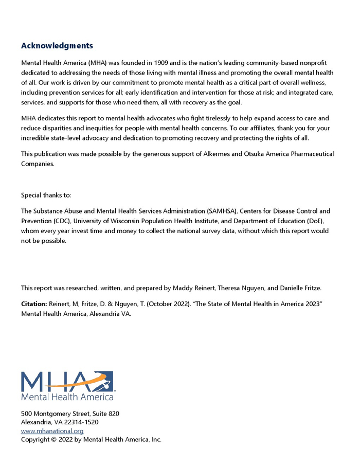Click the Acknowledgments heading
click(x=57, y=46)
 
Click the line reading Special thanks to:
click(x=46, y=195)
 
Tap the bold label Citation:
click(x=34, y=304)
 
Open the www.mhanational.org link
click(x=52, y=431)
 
